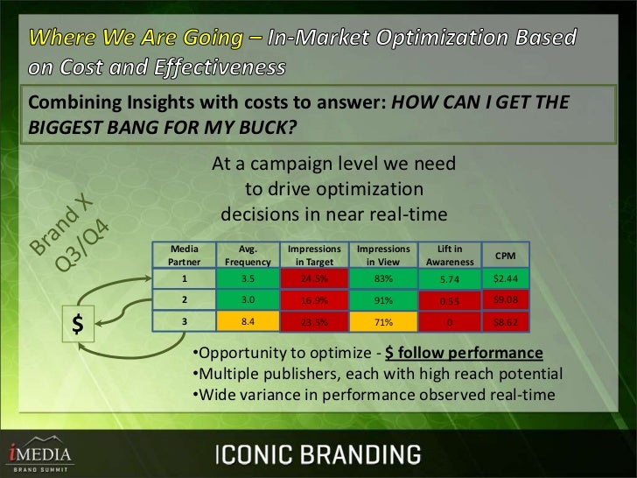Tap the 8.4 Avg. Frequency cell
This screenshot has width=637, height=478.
click(x=248, y=321)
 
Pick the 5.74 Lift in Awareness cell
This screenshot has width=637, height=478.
click(x=450, y=279)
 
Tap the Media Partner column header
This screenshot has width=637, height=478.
click(x=185, y=255)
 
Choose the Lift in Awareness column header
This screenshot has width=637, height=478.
click(x=450, y=255)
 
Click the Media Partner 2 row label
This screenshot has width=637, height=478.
click(x=185, y=300)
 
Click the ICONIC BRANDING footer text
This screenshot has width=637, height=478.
click(x=318, y=454)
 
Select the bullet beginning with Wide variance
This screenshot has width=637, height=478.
click(x=373, y=395)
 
